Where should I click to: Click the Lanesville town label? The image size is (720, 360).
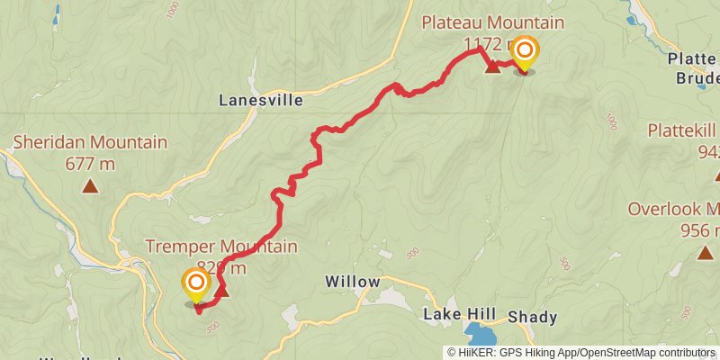tap(261, 101)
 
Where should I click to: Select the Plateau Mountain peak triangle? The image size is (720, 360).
tap(492, 67)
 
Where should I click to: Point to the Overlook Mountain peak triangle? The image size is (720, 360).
tap(705, 252)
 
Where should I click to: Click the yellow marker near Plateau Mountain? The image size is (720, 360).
tap(523, 51)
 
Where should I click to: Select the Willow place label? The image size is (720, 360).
tap(352, 282)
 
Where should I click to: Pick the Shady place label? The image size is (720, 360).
tap(532, 317)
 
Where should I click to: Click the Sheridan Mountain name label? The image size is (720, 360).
tap(90, 142)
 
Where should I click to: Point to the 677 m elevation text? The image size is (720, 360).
tap(90, 164)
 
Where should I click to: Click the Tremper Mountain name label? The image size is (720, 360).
tap(221, 247)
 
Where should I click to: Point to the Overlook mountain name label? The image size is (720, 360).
tap(674, 210)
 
